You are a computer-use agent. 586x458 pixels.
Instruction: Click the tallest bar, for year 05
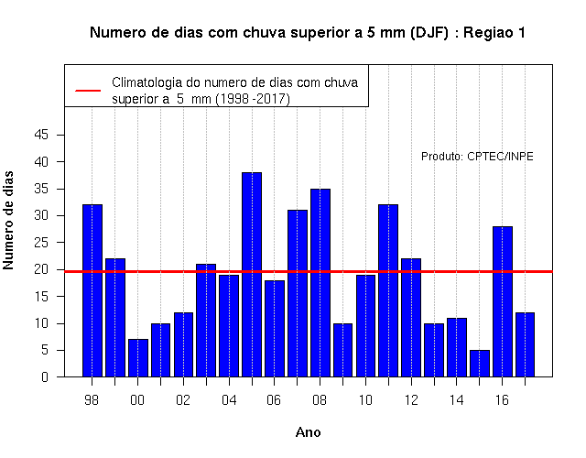[252, 275]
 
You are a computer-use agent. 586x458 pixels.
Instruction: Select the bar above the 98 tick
[92, 290]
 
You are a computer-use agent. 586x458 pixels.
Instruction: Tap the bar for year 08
[320, 283]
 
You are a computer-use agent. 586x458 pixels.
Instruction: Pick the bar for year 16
[503, 301]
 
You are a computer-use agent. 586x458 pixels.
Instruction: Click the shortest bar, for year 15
[480, 364]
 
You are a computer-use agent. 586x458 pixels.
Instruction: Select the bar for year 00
[138, 358]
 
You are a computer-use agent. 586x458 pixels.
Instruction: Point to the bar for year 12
[411, 318]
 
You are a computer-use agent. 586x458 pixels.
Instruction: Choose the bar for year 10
[365, 326]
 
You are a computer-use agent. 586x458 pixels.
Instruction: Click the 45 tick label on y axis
[41, 135]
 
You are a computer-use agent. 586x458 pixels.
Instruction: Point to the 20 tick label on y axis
[41, 269]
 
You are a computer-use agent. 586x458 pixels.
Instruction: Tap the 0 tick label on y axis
[45, 376]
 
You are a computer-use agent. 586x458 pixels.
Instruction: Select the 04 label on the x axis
[229, 400]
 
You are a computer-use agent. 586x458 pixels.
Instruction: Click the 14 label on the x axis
[456, 400]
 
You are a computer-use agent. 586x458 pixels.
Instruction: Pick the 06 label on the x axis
[274, 400]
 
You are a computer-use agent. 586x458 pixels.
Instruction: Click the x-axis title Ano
[309, 432]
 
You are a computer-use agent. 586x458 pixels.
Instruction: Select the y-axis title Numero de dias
[8, 220]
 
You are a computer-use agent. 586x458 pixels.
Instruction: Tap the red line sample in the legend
[88, 91]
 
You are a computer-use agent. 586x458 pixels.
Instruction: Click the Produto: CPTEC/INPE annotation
[477, 157]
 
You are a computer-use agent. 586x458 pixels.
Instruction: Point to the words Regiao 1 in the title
[494, 33]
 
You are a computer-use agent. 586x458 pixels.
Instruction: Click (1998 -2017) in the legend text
[253, 99]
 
